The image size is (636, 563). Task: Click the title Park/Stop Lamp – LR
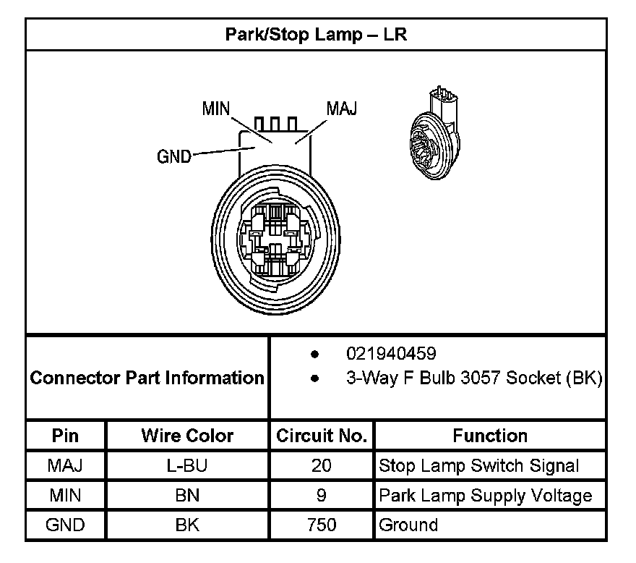pyautogui.click(x=316, y=35)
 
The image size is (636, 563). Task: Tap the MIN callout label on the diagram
pyautogui.click(x=215, y=109)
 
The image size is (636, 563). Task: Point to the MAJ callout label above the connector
pyautogui.click(x=342, y=109)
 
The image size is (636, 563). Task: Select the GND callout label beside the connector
pyautogui.click(x=174, y=156)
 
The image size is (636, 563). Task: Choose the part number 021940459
pyautogui.click(x=391, y=354)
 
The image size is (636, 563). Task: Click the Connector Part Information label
pyautogui.click(x=147, y=378)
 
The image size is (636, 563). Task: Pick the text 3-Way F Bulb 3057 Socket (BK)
pyautogui.click(x=474, y=378)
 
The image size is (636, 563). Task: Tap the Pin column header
pyautogui.click(x=66, y=436)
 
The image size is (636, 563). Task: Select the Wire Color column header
pyautogui.click(x=187, y=436)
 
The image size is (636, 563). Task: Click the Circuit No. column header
pyautogui.click(x=322, y=436)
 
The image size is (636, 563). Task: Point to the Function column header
pyautogui.click(x=490, y=436)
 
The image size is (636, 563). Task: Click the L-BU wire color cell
pyautogui.click(x=187, y=465)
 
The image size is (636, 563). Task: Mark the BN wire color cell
pyautogui.click(x=187, y=495)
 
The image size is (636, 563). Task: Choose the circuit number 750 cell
pyautogui.click(x=322, y=525)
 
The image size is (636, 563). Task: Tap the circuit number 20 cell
pyautogui.click(x=322, y=465)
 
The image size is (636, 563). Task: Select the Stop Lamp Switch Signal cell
pyautogui.click(x=479, y=465)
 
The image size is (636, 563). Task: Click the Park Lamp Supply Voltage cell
pyautogui.click(x=485, y=495)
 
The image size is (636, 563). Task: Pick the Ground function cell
pyautogui.click(x=408, y=525)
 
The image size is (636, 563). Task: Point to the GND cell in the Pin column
pyautogui.click(x=66, y=525)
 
